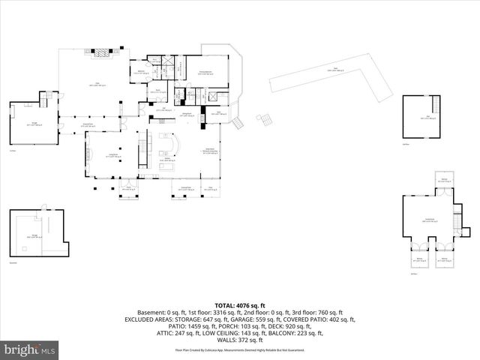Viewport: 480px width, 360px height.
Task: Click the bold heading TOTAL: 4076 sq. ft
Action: [x=239, y=305]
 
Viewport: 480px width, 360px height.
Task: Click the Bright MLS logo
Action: [x=30, y=349]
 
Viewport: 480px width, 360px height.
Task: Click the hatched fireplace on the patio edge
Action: [x=99, y=52]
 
